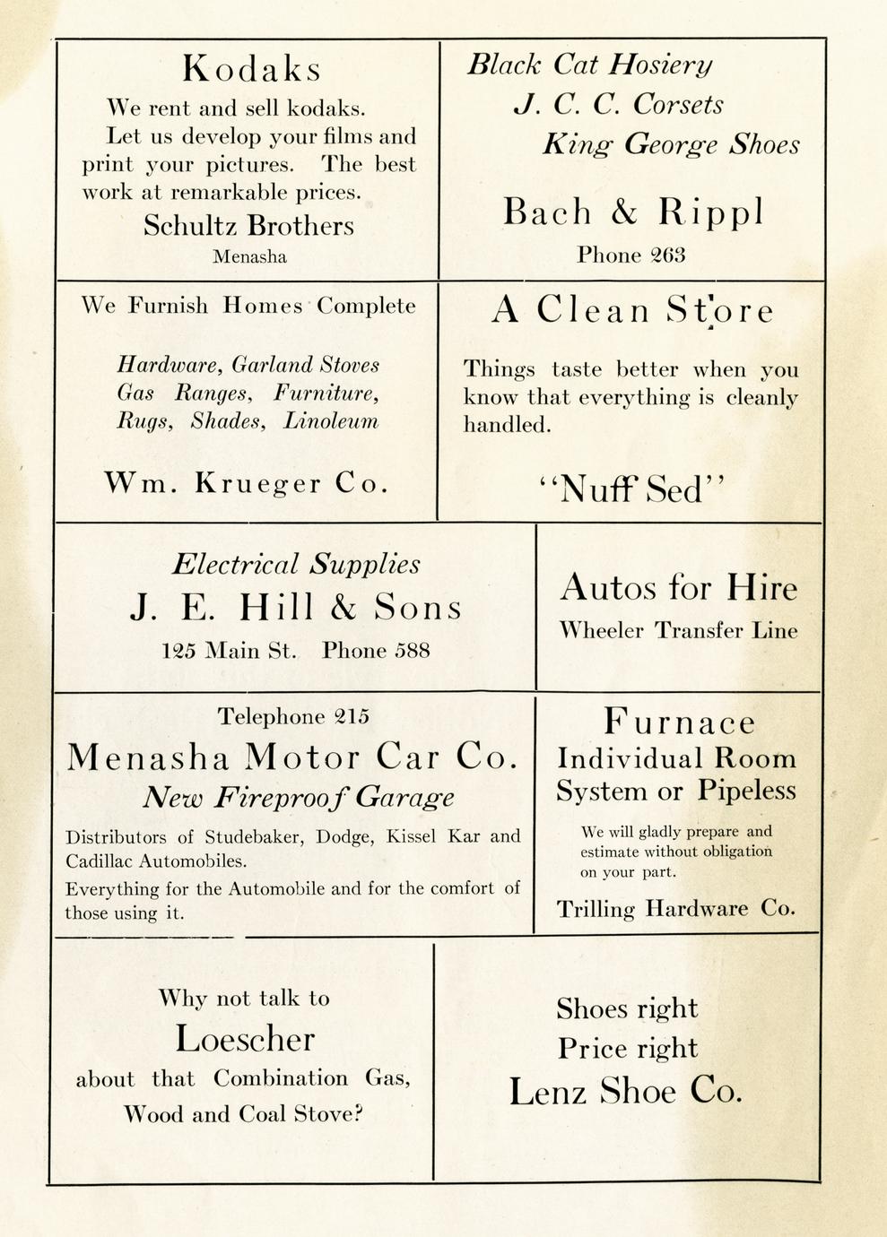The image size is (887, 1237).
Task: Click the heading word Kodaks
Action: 250,69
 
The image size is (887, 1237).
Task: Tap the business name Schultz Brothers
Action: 248,225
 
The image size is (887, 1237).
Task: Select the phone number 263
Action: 668,255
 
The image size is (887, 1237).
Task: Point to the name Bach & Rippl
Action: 632,212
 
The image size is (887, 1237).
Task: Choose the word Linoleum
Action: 331,421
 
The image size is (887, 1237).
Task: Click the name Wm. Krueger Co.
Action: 247,484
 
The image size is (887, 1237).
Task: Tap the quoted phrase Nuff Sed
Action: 632,490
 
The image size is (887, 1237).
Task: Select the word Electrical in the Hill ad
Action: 235,565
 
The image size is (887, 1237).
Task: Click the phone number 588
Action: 413,651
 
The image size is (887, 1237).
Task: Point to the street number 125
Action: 178,651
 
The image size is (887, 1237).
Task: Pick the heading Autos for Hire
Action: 678,588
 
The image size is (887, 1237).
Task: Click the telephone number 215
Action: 352,716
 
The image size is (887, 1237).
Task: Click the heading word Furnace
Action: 679,722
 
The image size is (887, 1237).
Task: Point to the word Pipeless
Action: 747,791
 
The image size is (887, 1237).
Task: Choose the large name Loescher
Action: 245,1039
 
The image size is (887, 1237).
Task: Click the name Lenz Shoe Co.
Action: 626,1092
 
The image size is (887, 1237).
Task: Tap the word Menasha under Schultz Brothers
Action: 249,257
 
